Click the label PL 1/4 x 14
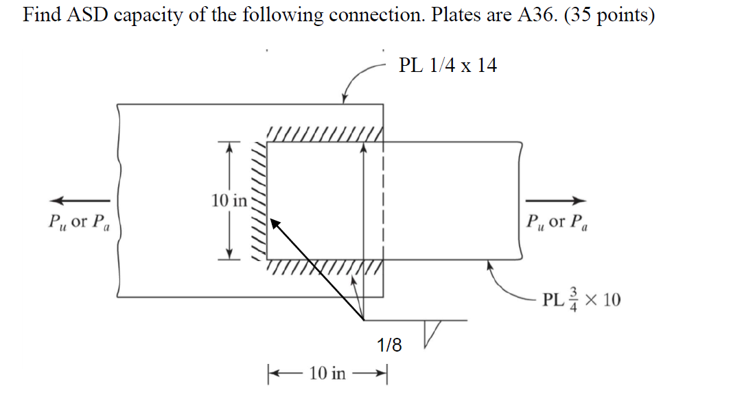448,66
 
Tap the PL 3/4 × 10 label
581,300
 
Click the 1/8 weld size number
389,345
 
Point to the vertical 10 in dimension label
229,201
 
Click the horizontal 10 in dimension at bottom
328,374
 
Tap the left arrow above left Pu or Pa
81,200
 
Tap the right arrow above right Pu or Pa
556,200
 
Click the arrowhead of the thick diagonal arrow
275,223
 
